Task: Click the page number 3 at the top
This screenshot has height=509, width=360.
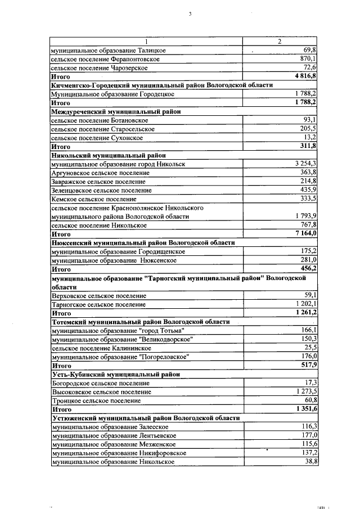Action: click(x=191, y=13)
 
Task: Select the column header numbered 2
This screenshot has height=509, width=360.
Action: click(x=280, y=42)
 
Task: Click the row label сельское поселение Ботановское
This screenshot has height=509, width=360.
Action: click(x=100, y=120)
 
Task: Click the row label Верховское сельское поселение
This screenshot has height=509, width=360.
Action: click(x=91, y=295)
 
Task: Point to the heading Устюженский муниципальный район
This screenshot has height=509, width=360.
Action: click(x=146, y=418)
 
